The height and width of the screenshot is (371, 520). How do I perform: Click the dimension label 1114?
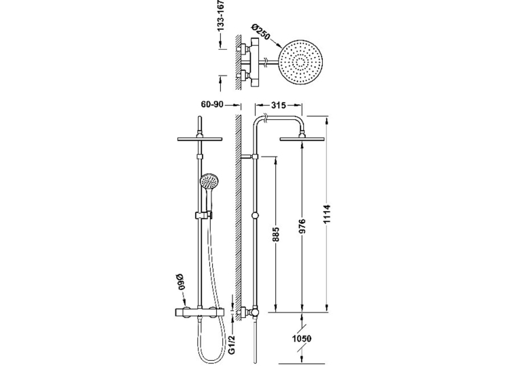327,215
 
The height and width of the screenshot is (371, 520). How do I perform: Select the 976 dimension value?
302,226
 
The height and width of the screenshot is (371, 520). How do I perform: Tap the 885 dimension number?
276,234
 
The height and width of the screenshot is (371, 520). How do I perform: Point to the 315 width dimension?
279,106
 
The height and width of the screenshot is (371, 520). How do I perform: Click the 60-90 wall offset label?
212,104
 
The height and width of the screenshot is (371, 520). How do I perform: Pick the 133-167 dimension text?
221,16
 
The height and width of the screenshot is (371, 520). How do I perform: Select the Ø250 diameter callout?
261,31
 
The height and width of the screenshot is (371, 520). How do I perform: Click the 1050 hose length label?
302,338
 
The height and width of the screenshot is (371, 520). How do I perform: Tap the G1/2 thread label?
232,344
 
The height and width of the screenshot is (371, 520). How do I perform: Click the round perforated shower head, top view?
300,63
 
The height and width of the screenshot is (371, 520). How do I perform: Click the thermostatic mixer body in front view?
200,312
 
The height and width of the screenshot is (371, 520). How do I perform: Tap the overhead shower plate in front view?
200,139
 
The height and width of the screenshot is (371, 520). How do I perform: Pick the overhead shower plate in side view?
302,139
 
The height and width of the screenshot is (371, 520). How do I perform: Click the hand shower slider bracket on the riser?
203,215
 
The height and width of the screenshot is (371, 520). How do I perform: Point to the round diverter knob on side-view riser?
255,216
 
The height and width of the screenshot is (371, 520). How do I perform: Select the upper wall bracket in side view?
249,157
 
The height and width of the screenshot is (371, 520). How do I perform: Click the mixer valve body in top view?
255,63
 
